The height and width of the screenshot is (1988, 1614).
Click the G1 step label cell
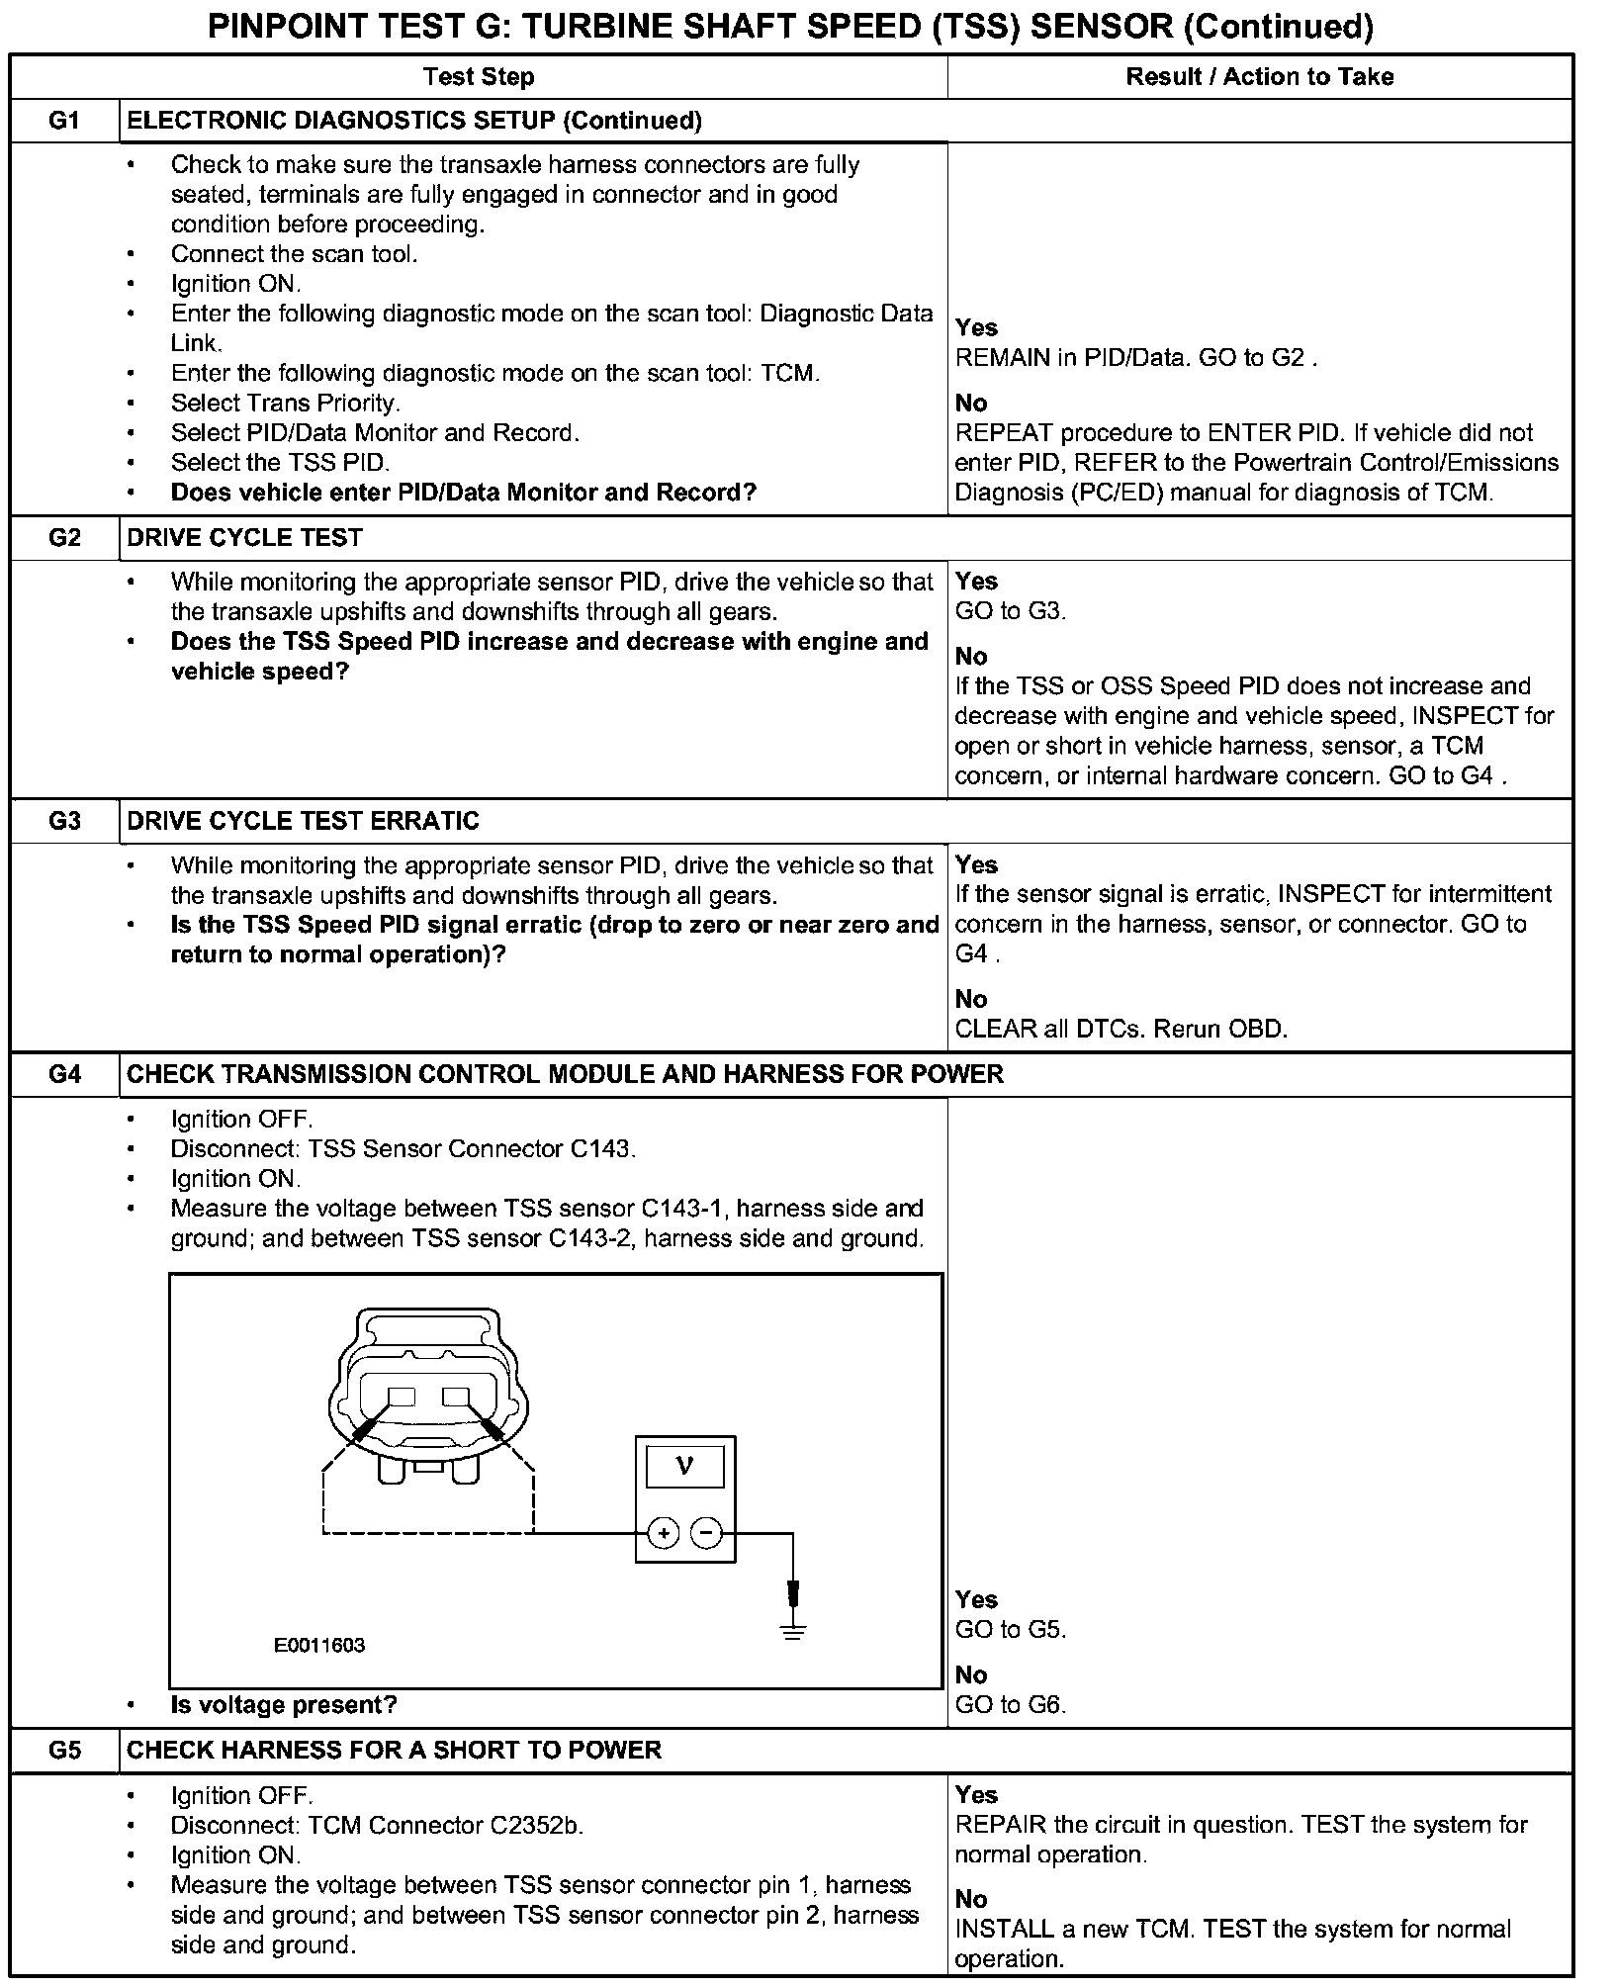tap(64, 121)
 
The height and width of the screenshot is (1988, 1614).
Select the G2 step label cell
tap(64, 538)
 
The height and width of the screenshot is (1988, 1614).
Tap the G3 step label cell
tap(64, 821)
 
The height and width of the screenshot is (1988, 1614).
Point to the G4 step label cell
tap(64, 1074)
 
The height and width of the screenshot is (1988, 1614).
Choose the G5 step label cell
tap(64, 1750)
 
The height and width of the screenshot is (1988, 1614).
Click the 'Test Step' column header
tap(479, 77)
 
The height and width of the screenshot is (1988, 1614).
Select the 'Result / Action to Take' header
tap(1259, 77)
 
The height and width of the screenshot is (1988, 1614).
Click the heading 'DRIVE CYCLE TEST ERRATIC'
tap(304, 821)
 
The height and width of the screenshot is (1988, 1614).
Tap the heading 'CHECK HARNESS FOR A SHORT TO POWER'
tap(394, 1750)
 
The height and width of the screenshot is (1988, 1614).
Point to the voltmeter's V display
tap(684, 1465)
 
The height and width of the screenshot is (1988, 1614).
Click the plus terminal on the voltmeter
tap(664, 1534)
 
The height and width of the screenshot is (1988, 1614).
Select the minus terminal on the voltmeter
tap(706, 1534)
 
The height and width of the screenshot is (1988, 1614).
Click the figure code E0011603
tap(319, 1645)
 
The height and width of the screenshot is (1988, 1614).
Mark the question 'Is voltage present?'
tap(284, 1705)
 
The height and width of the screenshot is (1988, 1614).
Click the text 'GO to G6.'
tap(1010, 1704)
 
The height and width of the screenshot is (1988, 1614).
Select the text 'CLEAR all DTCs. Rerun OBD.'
tap(1121, 1029)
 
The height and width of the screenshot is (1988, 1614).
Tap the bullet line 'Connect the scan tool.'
tap(294, 254)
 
